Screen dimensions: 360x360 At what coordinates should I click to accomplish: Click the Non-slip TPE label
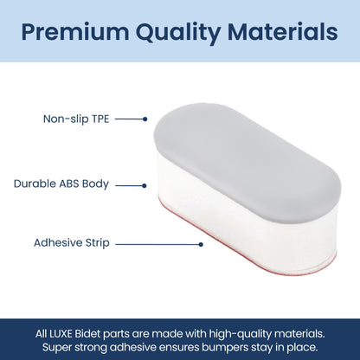click(77, 119)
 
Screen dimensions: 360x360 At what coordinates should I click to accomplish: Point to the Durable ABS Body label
click(62, 184)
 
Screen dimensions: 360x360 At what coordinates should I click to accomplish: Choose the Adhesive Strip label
click(70, 244)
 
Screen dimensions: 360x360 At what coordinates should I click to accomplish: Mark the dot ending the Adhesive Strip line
click(201, 244)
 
